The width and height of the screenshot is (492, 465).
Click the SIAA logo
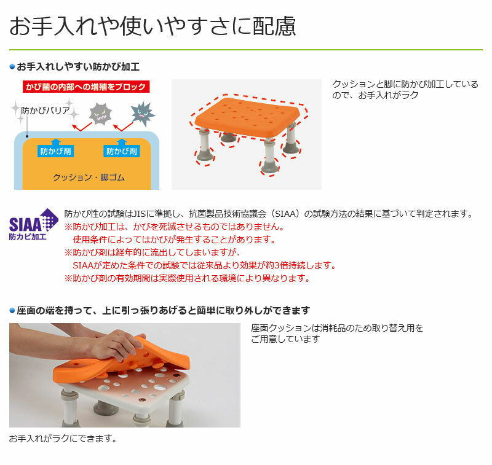click(x=34, y=224)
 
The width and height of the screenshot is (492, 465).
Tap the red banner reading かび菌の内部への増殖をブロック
click(x=86, y=87)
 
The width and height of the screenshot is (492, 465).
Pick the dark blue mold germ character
click(x=143, y=114)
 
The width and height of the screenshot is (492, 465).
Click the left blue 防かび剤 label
click(x=55, y=151)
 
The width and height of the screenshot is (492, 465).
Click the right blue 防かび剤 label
click(x=121, y=151)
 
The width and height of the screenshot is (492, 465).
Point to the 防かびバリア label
click(x=45, y=111)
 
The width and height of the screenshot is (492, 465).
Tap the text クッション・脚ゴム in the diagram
click(x=89, y=178)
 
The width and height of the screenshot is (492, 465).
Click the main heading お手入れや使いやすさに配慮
click(x=153, y=26)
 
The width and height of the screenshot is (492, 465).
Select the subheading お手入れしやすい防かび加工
click(x=78, y=67)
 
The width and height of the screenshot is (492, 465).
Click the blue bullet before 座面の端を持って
click(x=12, y=311)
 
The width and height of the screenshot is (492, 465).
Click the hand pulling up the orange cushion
click(x=116, y=346)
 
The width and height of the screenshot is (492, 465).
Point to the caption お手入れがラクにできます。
click(x=63, y=439)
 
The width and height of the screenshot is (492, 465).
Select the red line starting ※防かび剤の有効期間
click(x=188, y=278)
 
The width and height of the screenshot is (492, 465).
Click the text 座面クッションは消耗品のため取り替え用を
click(x=337, y=328)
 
